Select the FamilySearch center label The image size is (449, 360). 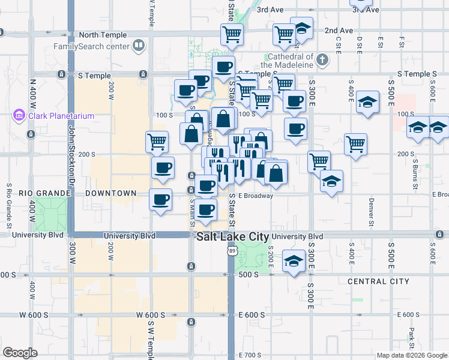91,46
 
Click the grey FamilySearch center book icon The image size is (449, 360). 139,45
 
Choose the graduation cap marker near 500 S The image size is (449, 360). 294,261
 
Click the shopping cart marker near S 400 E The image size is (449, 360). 356,143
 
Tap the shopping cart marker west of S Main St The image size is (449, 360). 157,142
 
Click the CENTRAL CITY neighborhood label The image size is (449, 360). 378,281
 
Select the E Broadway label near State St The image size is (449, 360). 255,196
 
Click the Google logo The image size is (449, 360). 20,353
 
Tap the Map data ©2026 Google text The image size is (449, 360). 412,355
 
